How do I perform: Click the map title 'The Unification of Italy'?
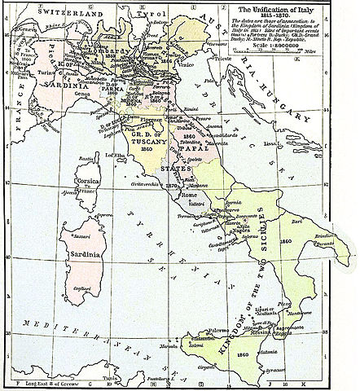(299, 7)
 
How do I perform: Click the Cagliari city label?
(81, 299)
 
